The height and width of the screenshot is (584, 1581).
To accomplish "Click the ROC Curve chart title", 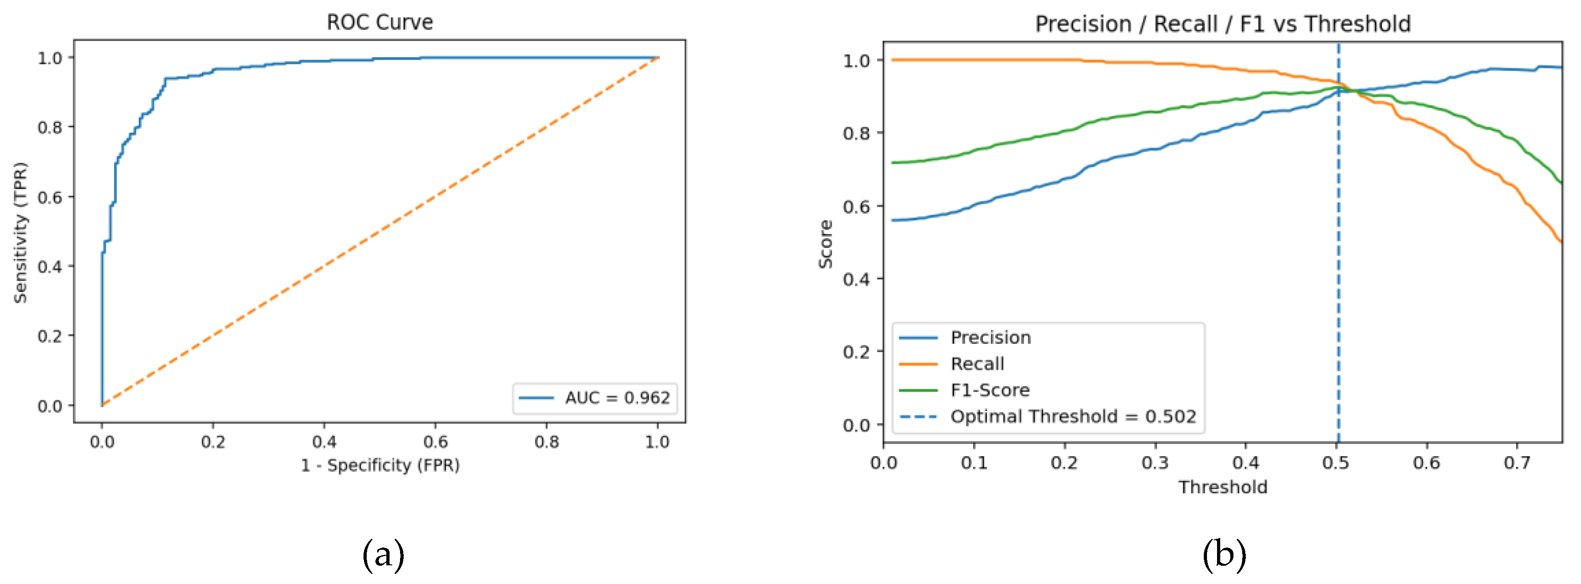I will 379,23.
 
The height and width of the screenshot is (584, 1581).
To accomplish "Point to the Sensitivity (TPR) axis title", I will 21,233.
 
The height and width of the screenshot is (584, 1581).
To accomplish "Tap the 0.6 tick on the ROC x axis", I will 435,442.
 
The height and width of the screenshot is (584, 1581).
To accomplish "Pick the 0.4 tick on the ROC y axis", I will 50,266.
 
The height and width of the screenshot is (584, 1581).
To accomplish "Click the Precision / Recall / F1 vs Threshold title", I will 1223,24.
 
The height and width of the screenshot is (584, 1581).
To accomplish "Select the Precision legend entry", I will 990,337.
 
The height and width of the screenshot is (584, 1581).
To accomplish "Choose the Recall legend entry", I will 977,364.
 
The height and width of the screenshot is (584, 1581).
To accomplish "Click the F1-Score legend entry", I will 989,390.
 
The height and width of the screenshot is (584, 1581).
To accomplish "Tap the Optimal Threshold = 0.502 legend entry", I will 1073,417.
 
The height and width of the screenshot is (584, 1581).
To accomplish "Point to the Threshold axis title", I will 1223,487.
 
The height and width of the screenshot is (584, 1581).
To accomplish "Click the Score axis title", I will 826,244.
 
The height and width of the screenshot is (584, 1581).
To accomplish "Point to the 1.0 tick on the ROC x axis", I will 657,442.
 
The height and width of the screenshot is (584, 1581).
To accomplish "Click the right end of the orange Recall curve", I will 1561,242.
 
